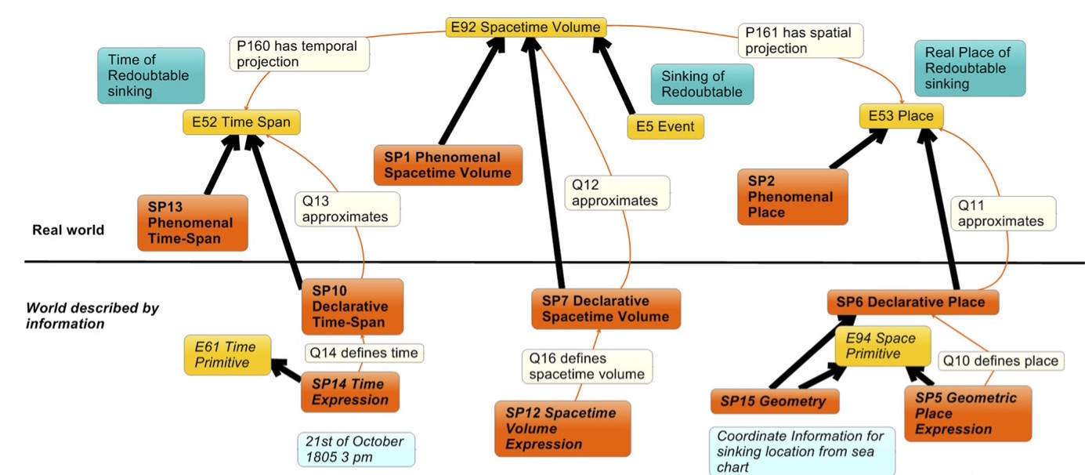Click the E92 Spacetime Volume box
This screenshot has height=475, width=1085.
click(x=526, y=27)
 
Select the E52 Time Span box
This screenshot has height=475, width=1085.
click(x=241, y=122)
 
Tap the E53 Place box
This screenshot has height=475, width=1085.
click(x=901, y=117)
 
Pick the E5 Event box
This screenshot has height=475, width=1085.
click(x=665, y=127)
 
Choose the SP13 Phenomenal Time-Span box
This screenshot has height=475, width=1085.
click(x=192, y=223)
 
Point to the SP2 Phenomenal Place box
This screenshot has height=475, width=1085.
click(x=792, y=197)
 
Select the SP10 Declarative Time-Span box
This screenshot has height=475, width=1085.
click(x=352, y=306)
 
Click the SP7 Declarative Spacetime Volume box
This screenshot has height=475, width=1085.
click(x=606, y=309)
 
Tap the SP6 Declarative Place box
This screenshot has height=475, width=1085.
click(x=913, y=303)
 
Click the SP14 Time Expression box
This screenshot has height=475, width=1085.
click(x=349, y=392)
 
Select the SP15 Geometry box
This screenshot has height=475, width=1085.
click(x=774, y=402)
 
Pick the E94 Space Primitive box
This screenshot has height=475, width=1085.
click(x=881, y=346)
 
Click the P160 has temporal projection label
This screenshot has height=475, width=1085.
click(x=298, y=54)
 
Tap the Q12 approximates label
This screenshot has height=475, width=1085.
click(x=616, y=193)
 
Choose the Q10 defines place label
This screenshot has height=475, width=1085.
click(x=1000, y=361)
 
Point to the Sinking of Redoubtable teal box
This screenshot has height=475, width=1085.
click(x=702, y=84)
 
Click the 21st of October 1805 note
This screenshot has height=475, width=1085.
click(x=356, y=449)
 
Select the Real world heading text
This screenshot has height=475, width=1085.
click(x=68, y=230)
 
